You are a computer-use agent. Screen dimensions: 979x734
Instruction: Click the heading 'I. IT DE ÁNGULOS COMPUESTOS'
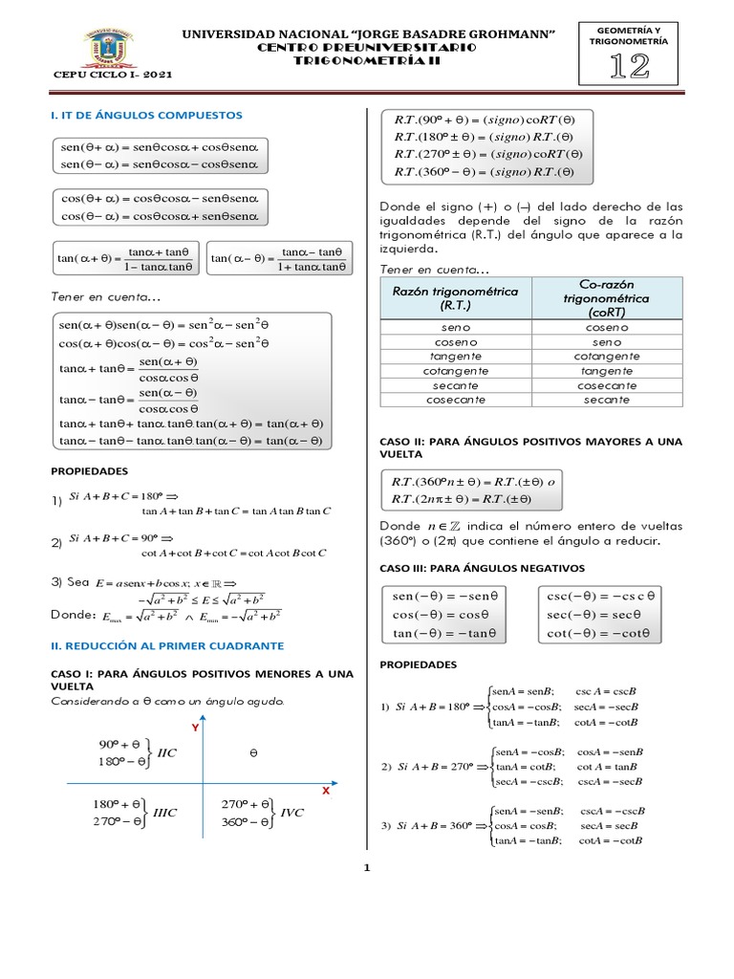(146, 115)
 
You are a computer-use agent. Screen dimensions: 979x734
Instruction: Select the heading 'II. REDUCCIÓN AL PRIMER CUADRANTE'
(166, 646)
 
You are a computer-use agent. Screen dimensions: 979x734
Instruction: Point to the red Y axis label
(195, 728)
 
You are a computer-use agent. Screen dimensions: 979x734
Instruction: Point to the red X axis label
(325, 792)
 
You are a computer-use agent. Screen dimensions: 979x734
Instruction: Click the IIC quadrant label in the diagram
(167, 752)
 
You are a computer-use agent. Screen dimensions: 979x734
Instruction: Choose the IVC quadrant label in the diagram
(291, 813)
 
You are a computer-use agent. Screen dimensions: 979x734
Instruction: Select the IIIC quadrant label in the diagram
(165, 813)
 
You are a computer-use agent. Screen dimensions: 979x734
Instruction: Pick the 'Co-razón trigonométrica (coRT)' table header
(607, 298)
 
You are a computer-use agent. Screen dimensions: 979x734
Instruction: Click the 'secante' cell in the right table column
(607, 400)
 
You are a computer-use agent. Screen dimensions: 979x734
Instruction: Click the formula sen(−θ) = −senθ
(445, 595)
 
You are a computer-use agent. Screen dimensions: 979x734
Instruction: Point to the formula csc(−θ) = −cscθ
(601, 595)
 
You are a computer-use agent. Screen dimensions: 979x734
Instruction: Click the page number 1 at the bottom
(365, 869)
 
